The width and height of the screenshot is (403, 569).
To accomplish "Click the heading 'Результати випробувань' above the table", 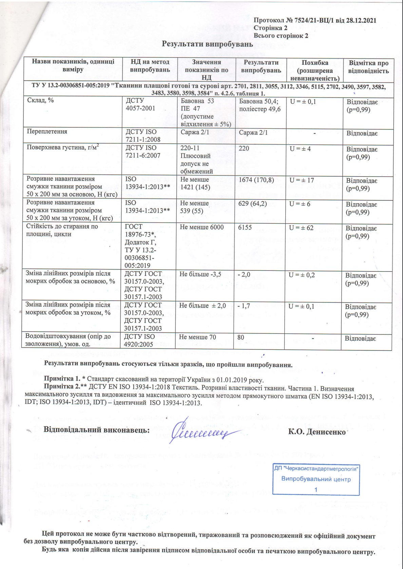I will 207,44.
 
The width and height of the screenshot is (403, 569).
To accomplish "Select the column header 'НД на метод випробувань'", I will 150,66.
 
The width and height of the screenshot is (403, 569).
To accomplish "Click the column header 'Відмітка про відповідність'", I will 368,67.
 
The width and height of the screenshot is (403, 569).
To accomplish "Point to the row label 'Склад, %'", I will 40,100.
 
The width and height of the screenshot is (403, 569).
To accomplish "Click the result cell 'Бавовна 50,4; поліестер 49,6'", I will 260,105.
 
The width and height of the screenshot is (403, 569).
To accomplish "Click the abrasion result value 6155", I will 245,227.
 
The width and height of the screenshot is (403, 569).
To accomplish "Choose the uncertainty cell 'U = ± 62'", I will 301,228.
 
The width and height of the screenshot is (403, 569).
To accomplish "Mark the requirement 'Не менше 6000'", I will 201,227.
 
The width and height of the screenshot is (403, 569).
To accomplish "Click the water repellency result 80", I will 241,337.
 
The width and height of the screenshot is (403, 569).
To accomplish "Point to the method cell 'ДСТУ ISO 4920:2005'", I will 139,340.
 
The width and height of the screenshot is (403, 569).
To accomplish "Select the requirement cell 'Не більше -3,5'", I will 200,274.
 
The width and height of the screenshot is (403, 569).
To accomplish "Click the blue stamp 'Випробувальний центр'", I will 316,479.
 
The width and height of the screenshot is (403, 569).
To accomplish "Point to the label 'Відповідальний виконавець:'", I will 97,430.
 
